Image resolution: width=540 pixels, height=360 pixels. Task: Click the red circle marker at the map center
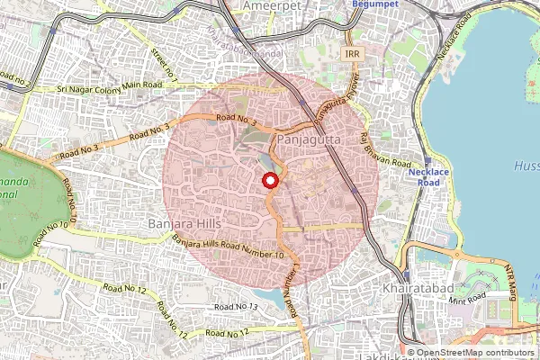pos(269,181)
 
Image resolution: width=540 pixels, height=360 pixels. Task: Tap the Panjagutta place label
pos(310,141)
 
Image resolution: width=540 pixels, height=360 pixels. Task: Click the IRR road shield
pos(353,55)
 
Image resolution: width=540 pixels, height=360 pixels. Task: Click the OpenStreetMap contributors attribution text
pos(472,353)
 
